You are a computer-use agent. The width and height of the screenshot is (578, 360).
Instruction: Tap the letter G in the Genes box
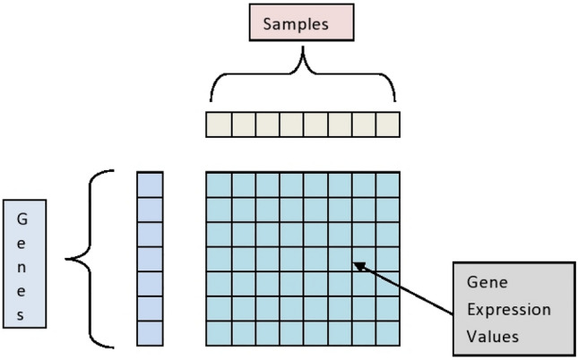point(23,218)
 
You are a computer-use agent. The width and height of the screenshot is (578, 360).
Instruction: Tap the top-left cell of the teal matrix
point(219,184)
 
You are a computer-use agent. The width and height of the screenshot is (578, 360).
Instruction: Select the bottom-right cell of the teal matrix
point(387,333)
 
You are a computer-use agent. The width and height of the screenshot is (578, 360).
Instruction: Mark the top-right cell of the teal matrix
point(387,184)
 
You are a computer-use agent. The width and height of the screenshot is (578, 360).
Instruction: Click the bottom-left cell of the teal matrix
point(219,333)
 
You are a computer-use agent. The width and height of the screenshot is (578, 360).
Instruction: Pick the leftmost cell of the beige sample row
point(219,124)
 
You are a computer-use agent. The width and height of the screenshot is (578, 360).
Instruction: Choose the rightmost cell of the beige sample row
point(387,124)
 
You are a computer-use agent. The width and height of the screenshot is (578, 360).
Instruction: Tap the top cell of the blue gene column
point(150,184)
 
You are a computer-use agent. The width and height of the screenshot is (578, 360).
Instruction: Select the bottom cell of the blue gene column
point(150,333)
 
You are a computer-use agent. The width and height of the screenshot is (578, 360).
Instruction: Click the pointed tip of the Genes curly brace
point(67,260)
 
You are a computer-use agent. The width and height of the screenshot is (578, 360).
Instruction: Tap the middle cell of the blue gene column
point(150,258)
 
